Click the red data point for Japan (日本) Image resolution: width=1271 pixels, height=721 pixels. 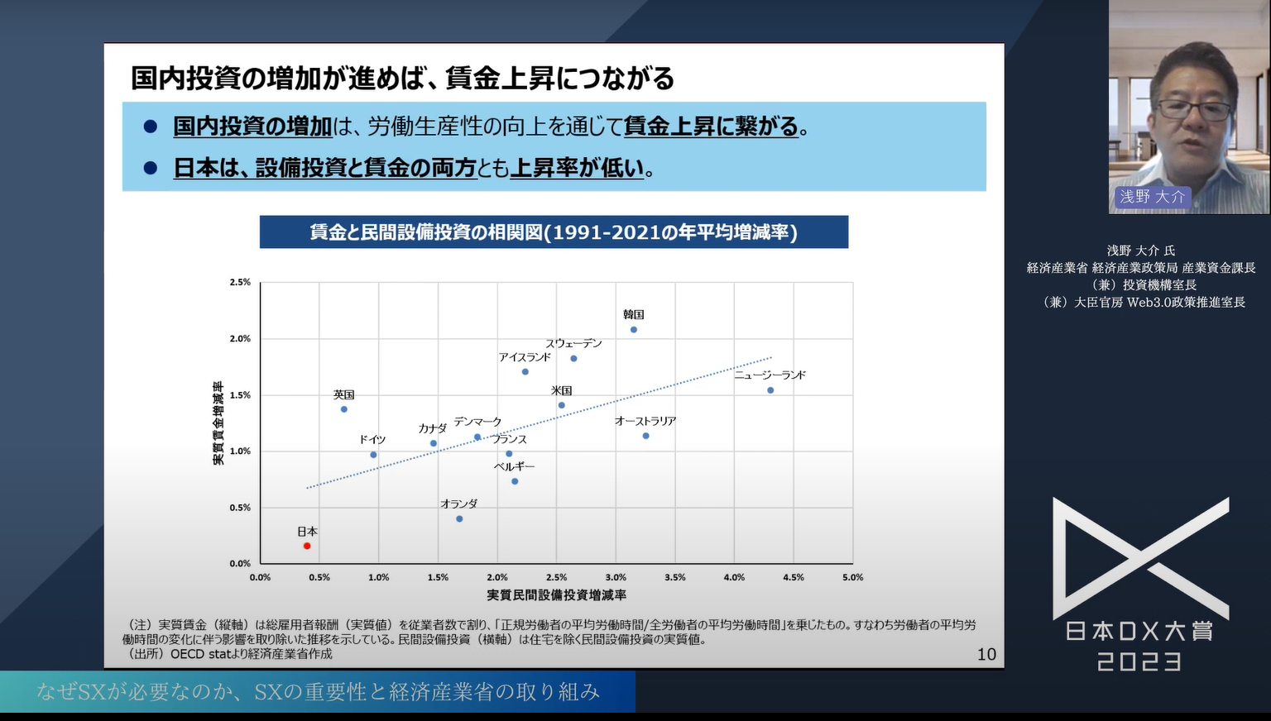tap(307, 546)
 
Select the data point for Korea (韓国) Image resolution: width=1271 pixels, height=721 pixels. tap(634, 330)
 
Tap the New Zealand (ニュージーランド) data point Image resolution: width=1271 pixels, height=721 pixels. tap(770, 390)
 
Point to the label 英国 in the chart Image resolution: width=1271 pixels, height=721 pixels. tap(343, 395)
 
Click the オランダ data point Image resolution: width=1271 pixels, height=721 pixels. tap(459, 519)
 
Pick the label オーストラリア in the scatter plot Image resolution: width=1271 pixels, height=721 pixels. tap(645, 422)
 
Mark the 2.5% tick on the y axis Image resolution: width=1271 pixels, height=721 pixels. tap(240, 283)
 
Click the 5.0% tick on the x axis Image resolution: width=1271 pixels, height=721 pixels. tap(852, 578)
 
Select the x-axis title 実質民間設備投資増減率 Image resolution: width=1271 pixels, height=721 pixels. tap(556, 595)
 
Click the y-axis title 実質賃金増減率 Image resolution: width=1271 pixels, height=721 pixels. tap(218, 423)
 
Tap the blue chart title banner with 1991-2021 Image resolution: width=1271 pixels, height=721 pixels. tap(554, 232)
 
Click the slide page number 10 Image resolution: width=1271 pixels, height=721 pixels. tap(986, 655)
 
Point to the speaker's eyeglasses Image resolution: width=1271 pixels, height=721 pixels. tap(1192, 108)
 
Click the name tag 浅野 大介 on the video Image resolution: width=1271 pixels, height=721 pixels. tap(1152, 197)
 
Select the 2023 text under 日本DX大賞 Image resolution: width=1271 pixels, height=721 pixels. tap(1139, 662)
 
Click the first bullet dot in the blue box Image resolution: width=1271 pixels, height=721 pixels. tap(151, 127)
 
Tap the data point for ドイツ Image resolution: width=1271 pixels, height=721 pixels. tap(373, 455)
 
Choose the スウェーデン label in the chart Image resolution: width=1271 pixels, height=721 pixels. tap(573, 344)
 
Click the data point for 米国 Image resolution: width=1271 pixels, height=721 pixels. tap(562, 406)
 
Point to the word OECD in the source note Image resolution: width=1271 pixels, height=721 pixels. tap(187, 654)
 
